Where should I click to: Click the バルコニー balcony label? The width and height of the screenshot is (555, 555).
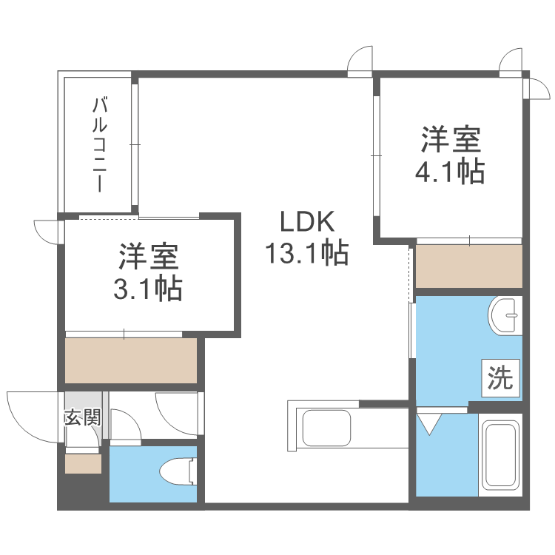click(x=99, y=144)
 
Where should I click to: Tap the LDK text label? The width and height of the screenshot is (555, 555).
click(x=307, y=221)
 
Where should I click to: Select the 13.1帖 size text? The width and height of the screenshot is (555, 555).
click(x=307, y=253)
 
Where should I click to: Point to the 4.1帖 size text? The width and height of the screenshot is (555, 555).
click(x=449, y=172)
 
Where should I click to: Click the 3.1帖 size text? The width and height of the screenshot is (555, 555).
click(x=147, y=289)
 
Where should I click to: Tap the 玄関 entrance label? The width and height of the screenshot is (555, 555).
click(x=83, y=418)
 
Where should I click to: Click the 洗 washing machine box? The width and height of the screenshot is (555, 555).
click(x=500, y=378)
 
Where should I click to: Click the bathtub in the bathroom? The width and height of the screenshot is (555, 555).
click(x=500, y=455)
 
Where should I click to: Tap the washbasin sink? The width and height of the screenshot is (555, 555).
click(x=505, y=315)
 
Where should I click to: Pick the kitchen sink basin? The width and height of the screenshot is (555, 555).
click(x=327, y=428)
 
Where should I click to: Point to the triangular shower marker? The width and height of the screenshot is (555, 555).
click(x=429, y=424)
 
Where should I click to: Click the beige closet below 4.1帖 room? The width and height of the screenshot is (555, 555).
click(x=469, y=266)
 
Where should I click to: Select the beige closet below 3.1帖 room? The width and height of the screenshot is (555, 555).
click(x=131, y=360)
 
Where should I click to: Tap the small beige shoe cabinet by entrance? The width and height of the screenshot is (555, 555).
click(x=83, y=464)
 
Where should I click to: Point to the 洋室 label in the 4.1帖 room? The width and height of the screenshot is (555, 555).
click(x=451, y=139)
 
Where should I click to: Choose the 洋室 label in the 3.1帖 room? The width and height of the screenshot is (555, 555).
click(x=149, y=257)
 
